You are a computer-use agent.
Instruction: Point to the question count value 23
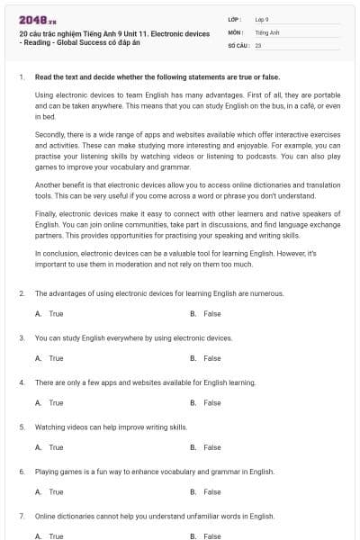pos(258,44)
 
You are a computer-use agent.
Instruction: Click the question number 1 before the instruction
pos(21,77)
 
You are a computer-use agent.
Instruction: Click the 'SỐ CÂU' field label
pos(238,44)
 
